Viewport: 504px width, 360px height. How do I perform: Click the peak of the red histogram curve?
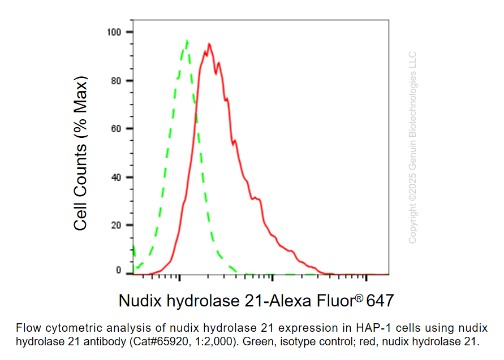[209, 44]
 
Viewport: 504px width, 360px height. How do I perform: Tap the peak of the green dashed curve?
[187, 41]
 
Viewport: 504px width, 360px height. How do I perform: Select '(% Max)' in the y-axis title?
[81, 107]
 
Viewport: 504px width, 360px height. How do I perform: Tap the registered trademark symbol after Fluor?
[359, 296]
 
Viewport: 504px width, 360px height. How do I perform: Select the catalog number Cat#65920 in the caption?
[155, 341]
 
